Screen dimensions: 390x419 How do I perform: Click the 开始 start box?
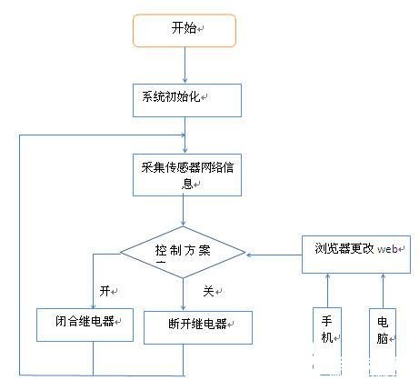pyautogui.click(x=184, y=29)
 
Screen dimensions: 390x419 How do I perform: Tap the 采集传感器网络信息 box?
pyautogui.click(x=185, y=175)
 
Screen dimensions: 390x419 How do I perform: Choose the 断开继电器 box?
pyautogui.click(x=196, y=326)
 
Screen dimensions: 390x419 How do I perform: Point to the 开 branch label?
pyautogui.click(x=105, y=291)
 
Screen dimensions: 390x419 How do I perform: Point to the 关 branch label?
pyautogui.click(x=206, y=291)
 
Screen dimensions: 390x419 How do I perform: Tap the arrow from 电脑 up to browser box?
pyautogui.click(x=383, y=291)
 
